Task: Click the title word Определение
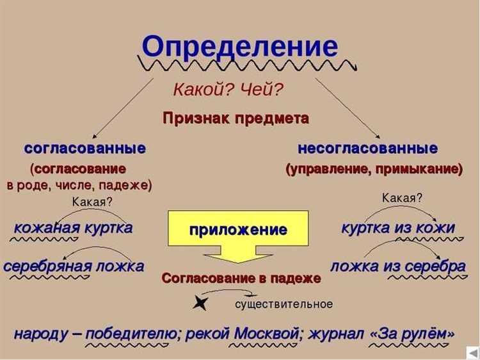click(240, 47)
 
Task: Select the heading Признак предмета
click(236, 119)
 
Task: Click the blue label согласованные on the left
click(85, 149)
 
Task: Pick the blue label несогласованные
click(368, 149)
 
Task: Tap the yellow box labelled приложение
click(238, 229)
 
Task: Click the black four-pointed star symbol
click(200, 304)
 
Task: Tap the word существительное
click(284, 304)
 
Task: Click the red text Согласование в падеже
click(241, 279)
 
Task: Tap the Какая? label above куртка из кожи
click(402, 198)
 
